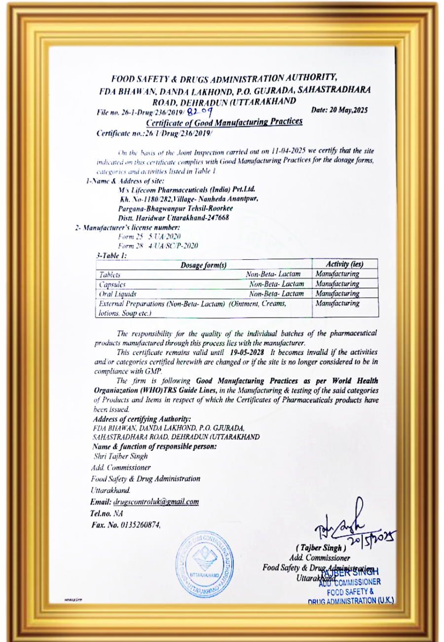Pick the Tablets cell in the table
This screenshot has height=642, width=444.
point(110,275)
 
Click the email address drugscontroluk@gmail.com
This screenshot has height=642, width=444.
point(156,502)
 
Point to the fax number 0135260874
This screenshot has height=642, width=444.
point(141,524)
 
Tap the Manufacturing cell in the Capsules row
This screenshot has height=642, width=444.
point(337,284)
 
